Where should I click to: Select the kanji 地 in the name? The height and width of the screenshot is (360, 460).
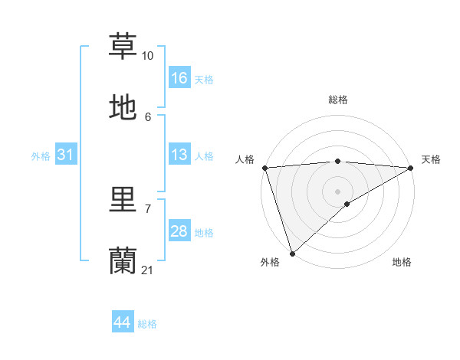[123, 108]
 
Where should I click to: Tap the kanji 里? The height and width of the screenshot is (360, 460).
[123, 201]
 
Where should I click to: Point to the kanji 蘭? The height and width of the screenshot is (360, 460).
[123, 261]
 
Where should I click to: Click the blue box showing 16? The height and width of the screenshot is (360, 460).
[179, 78]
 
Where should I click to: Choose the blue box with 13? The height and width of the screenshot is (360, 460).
[179, 155]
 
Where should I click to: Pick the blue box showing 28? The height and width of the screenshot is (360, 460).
[179, 232]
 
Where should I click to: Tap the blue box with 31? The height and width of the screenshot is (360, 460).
[65, 155]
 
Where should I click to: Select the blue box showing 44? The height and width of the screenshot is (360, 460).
[123, 323]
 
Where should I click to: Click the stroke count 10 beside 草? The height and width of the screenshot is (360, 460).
[148, 56]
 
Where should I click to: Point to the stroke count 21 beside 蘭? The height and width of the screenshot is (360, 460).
[148, 270]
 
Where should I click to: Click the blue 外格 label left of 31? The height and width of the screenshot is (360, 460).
[41, 156]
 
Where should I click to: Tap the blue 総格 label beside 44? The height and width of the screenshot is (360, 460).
[147, 324]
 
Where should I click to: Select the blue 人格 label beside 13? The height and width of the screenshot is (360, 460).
[204, 156]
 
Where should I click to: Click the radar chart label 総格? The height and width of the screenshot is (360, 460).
[338, 100]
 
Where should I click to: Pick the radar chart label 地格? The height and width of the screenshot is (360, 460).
[402, 263]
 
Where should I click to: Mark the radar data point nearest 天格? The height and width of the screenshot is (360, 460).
[411, 168]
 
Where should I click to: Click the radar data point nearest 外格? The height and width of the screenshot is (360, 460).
[292, 253]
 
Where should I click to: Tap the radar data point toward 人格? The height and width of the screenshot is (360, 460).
[264, 168]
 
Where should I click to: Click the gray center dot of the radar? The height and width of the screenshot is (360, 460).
[338, 191]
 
